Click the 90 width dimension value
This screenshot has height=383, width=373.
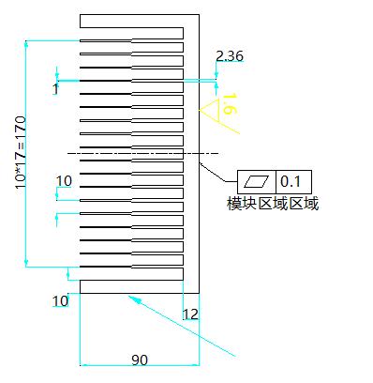click(140, 360)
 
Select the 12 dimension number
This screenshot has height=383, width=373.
click(190, 314)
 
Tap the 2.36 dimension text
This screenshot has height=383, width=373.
click(230, 56)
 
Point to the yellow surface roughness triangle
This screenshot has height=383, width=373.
click(210, 110)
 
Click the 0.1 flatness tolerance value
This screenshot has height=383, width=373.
click(291, 181)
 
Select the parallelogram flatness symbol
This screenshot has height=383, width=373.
click(256, 182)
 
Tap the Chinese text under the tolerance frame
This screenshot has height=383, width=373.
click(273, 204)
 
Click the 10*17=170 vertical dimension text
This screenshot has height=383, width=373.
click(21, 152)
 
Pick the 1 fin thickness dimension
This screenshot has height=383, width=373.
click(55, 89)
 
